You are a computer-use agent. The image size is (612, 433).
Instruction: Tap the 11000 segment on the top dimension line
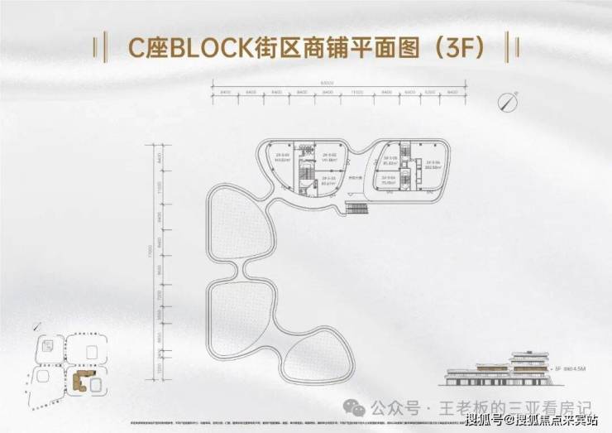pos(357,93)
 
